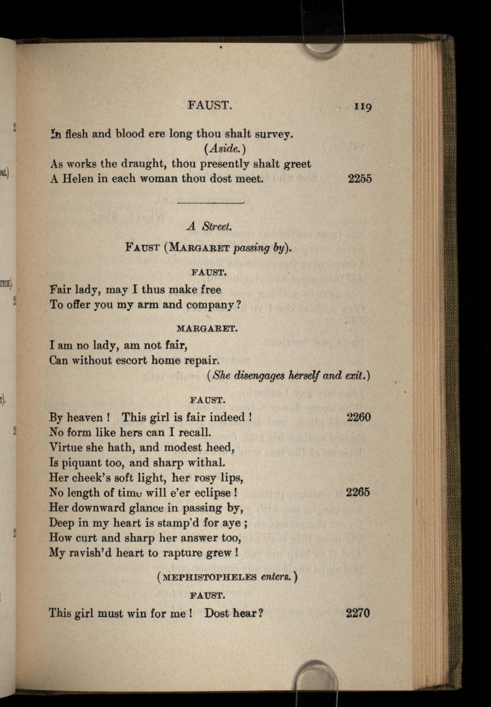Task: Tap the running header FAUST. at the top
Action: click(x=209, y=105)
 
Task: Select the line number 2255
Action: click(x=360, y=178)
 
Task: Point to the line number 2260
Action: click(x=359, y=417)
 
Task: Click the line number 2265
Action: click(x=358, y=492)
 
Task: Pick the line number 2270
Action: click(x=358, y=613)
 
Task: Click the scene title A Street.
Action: click(x=209, y=226)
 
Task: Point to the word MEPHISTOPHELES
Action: click(x=210, y=577)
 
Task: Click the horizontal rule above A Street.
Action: click(x=210, y=203)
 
